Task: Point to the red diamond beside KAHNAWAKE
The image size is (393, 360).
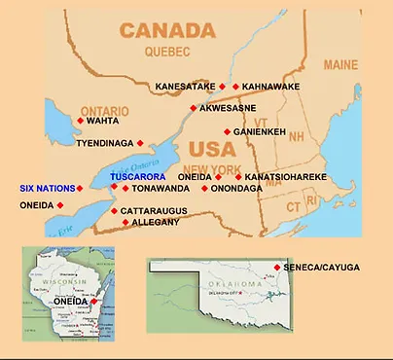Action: point(236,87)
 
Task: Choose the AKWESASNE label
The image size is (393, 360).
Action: point(229,108)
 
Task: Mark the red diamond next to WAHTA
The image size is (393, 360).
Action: point(80,121)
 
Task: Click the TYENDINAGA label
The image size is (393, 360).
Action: point(104,143)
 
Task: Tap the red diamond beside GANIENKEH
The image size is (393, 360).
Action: point(227,131)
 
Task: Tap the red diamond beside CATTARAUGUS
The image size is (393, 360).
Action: point(114,210)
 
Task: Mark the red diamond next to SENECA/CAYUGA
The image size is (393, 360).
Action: point(278,267)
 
